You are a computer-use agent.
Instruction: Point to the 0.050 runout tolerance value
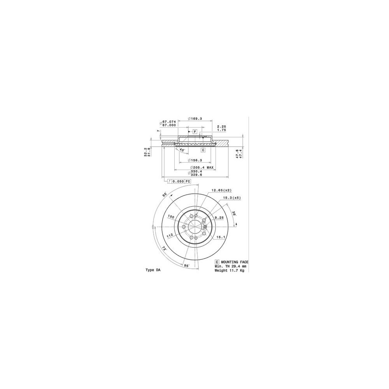pyautogui.click(x=178, y=181)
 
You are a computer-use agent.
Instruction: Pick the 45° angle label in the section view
pyautogui.click(x=182, y=150)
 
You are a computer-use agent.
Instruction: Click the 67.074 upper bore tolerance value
pyautogui.click(x=169, y=122)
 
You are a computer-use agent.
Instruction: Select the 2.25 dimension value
pyautogui.click(x=221, y=126)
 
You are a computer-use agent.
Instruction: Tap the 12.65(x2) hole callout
pyautogui.click(x=221, y=190)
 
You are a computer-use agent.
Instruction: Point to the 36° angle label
pyautogui.click(x=234, y=214)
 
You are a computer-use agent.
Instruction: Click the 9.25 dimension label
pyautogui.click(x=219, y=218)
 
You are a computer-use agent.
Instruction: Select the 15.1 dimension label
pyautogui.click(x=221, y=237)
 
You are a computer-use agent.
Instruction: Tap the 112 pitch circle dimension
pyautogui.click(x=170, y=235)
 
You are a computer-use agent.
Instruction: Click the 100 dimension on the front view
pyautogui.click(x=171, y=216)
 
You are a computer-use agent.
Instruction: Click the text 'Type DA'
pyautogui.click(x=152, y=270)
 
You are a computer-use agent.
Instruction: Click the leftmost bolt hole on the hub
pyautogui.click(x=184, y=227)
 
